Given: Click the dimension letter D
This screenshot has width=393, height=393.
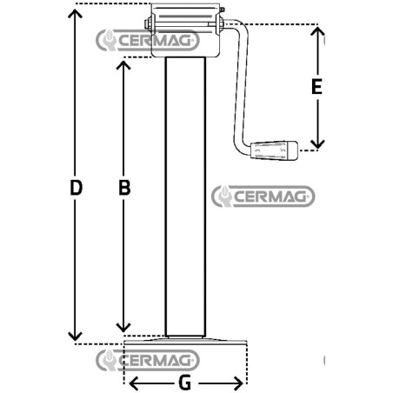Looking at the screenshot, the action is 77,188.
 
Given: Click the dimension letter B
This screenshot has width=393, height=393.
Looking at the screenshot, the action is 124,188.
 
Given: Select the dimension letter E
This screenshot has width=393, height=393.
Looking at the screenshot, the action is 316,86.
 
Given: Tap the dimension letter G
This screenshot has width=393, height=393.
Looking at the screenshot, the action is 184,383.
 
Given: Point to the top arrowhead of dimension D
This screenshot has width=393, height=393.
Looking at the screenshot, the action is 75,13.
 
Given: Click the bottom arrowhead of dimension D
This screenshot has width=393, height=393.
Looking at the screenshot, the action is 75,337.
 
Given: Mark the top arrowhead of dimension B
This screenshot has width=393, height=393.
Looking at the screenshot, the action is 123,65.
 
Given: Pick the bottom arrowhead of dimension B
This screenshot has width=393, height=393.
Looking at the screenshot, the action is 123,328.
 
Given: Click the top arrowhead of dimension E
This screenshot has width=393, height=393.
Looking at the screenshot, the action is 317,31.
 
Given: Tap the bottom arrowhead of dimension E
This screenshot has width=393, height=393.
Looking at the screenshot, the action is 317,144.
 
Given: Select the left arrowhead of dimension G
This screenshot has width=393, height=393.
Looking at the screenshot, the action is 133,383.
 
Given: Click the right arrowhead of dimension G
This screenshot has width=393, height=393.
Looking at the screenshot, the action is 238,383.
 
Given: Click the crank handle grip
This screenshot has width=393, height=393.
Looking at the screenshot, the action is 274,150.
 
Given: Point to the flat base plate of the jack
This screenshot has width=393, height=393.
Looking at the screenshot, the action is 185,341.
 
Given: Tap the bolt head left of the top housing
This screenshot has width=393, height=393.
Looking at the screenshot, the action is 148,23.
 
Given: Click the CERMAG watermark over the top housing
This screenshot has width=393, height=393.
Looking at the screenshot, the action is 148,40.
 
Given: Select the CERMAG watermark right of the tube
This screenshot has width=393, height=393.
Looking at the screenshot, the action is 263,196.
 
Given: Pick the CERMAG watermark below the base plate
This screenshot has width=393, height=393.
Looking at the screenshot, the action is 148,360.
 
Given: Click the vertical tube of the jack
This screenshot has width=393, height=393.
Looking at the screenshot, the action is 185,196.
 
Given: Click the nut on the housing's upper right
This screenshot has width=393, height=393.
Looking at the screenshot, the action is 222,10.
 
